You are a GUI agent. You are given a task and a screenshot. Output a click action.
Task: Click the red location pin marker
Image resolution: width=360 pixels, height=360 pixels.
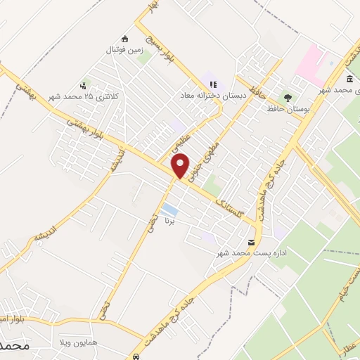coord(181,166)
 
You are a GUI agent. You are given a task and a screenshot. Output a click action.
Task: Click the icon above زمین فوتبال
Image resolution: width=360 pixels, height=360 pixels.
coord(125,39)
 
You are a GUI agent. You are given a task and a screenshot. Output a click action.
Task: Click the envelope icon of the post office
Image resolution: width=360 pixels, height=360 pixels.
coord(251,243)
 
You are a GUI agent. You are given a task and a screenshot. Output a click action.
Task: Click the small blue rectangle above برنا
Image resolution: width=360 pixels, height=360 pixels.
coord(169,210)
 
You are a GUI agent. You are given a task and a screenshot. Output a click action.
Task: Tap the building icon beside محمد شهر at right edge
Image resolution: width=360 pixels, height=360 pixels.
coord(349,79)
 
